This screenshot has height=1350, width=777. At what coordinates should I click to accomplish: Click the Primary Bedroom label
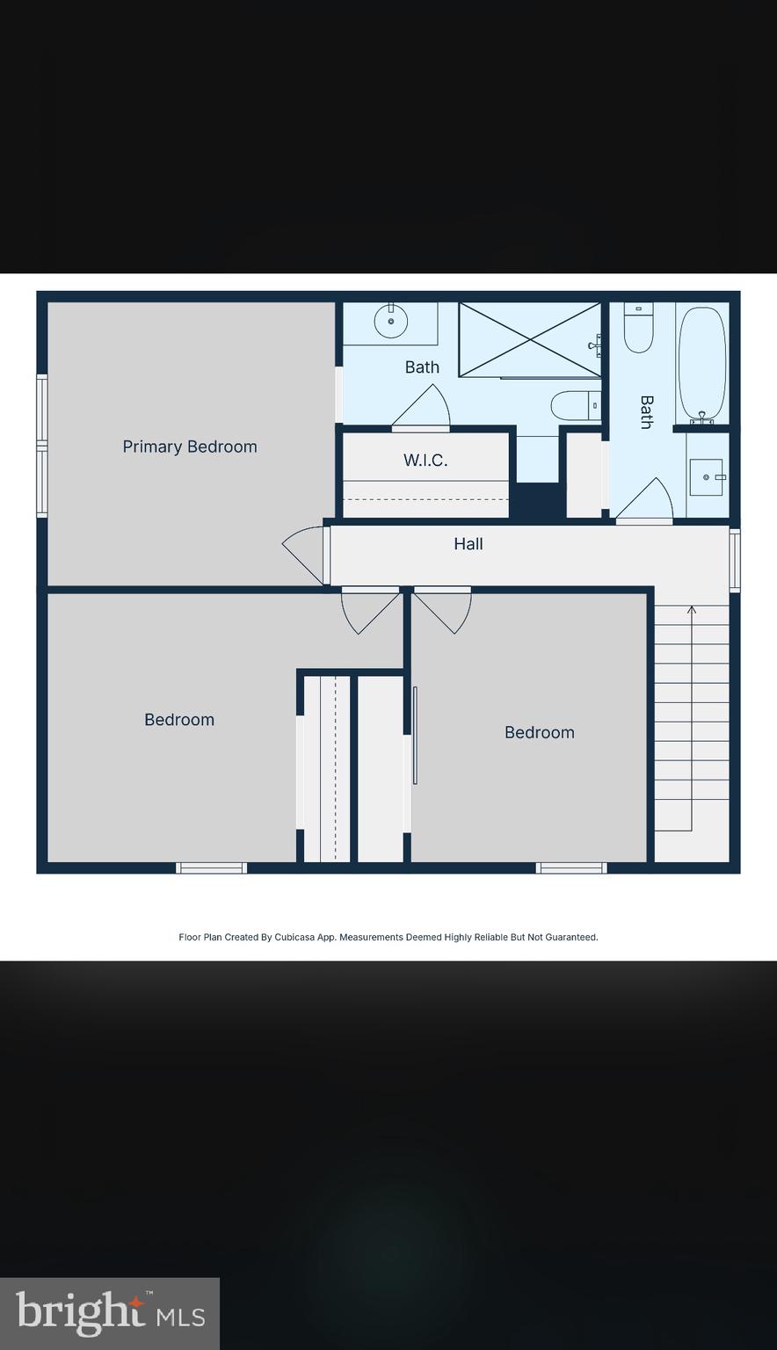(190, 446)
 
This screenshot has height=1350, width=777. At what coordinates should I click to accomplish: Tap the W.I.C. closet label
(425, 460)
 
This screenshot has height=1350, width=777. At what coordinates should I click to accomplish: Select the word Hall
(468, 544)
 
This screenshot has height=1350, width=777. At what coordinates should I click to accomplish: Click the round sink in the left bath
(391, 321)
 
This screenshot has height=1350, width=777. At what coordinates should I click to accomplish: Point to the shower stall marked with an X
(530, 339)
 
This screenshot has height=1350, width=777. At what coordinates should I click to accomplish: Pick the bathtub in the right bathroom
(702, 364)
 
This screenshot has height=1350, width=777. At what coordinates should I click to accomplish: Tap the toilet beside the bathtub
(638, 327)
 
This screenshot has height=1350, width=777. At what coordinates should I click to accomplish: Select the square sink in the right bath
(706, 477)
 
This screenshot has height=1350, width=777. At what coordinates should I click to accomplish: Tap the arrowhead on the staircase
(692, 608)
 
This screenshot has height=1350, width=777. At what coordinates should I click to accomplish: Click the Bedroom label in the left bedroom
(179, 720)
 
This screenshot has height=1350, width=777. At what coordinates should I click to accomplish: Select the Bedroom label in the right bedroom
(540, 732)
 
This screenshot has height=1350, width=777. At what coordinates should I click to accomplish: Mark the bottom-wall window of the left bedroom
(211, 868)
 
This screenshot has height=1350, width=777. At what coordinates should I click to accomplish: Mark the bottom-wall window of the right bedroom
(571, 868)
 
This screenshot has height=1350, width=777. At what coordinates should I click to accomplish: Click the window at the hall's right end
(735, 560)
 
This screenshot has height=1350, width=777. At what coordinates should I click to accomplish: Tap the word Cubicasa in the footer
(295, 937)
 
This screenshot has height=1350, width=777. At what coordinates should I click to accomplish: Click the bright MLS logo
(110, 1314)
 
